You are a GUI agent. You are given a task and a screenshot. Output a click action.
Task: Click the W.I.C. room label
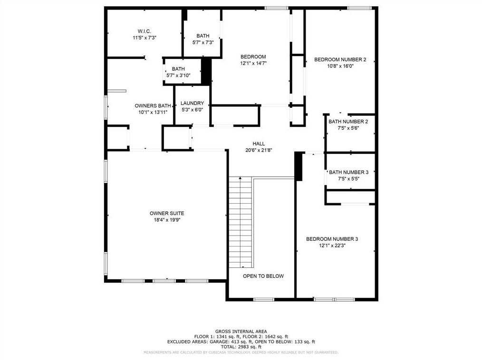coord(144,31)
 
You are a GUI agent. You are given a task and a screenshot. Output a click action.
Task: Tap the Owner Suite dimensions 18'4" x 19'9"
coord(167,220)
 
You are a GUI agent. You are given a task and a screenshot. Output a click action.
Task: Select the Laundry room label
coord(192,103)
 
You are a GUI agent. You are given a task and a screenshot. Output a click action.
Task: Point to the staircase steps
coord(241,222)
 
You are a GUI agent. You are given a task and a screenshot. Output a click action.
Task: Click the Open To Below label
coord(263,276)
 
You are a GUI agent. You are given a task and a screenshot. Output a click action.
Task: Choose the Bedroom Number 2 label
coord(340,59)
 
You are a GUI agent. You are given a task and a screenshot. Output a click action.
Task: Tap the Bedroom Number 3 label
coord(332,239)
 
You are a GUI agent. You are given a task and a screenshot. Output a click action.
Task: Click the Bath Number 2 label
coord(348,122)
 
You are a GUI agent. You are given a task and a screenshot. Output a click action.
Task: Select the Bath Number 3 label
coord(348,172)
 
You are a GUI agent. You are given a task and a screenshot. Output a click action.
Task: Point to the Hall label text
coord(259,144)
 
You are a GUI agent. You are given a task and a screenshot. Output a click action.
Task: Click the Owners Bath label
coord(153,105)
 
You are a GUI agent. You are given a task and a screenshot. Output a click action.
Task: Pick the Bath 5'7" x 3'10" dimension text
coord(178,75)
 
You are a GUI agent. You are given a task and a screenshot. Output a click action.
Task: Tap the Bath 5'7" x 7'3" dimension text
coord(203,42)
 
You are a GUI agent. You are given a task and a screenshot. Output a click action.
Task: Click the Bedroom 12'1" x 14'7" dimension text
coord(253,63)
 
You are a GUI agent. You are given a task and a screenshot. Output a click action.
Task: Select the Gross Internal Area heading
coord(241,332)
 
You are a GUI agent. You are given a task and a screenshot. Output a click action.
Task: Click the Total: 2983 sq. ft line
coord(241,347)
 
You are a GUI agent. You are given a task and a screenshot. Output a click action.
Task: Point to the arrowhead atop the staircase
coord(241,178)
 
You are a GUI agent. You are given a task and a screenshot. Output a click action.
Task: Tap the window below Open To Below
coord(263,300)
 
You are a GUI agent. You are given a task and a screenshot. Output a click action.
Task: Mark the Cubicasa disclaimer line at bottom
coord(241,352)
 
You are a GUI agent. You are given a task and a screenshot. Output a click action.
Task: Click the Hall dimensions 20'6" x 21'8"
coord(259,150)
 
